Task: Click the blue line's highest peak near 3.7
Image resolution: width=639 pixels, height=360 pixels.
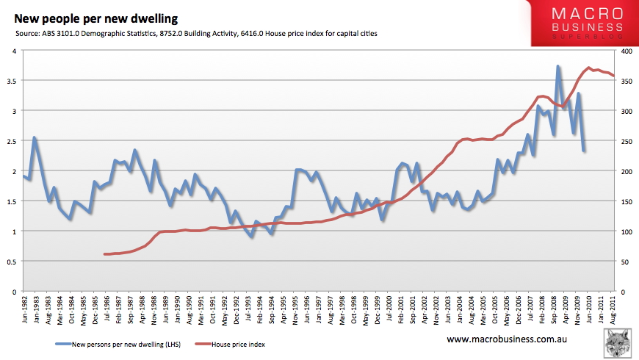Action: coord(558,67)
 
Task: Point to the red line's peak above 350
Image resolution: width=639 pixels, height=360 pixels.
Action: coord(590,68)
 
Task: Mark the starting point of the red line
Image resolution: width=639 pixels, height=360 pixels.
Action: coord(106,254)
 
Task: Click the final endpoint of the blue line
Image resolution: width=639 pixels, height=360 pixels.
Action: coord(584,151)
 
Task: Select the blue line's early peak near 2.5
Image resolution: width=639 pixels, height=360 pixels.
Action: coord(35,138)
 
